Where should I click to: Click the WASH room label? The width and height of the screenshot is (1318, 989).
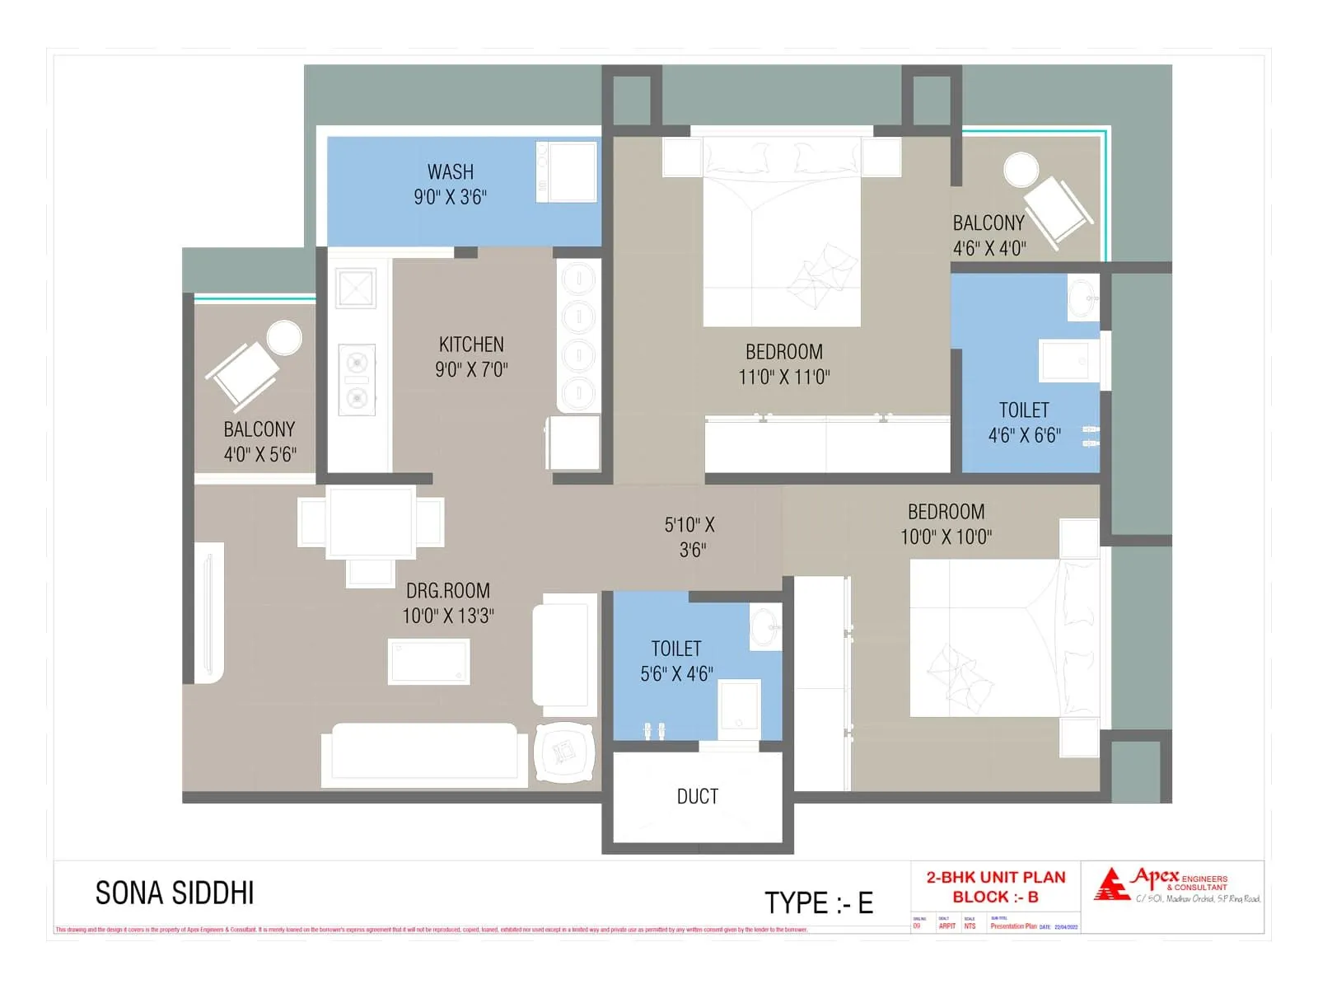click(450, 172)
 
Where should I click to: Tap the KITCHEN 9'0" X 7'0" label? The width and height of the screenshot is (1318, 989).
click(471, 356)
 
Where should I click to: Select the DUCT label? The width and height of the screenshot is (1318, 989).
click(697, 796)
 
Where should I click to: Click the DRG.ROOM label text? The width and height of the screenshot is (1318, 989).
click(447, 591)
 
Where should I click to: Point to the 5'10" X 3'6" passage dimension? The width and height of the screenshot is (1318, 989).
click(690, 537)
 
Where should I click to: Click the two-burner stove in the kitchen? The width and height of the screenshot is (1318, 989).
click(357, 380)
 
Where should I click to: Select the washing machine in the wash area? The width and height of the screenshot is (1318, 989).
click(567, 171)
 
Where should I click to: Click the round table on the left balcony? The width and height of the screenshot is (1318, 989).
click(284, 338)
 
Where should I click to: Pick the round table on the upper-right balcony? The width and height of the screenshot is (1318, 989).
click(1021, 170)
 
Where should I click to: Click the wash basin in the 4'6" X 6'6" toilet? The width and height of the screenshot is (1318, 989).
click(1083, 298)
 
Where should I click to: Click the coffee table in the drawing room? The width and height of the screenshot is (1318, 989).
click(428, 661)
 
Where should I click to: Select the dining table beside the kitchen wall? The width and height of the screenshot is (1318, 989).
click(371, 523)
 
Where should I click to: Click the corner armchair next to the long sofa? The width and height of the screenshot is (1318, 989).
click(564, 752)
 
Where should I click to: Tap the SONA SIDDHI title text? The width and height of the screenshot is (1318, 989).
click(175, 893)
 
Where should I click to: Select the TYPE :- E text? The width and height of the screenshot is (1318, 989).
click(818, 903)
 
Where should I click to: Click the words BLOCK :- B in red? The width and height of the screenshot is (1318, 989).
click(995, 897)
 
